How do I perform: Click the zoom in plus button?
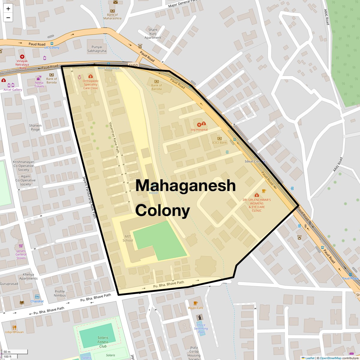[8, 9]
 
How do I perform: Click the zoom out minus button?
[8, 18]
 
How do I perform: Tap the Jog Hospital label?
[199, 130]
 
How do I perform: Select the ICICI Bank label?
[219, 142]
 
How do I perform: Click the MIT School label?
[127, 238]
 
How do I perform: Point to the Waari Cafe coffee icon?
[196, 303]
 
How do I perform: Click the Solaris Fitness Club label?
[103, 342]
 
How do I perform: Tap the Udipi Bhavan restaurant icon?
[14, 328]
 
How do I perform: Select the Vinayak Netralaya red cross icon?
[22, 57]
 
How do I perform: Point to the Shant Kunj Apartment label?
[153, 34]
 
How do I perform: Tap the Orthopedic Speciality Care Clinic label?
[91, 84]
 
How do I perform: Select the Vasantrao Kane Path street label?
[114, 137]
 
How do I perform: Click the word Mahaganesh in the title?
[185, 185]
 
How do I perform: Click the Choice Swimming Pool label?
[201, 328]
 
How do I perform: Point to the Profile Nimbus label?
[60, 293]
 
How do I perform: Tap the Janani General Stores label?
[21, 254]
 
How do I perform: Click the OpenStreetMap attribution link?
[330, 358]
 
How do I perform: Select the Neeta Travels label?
[39, 84]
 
